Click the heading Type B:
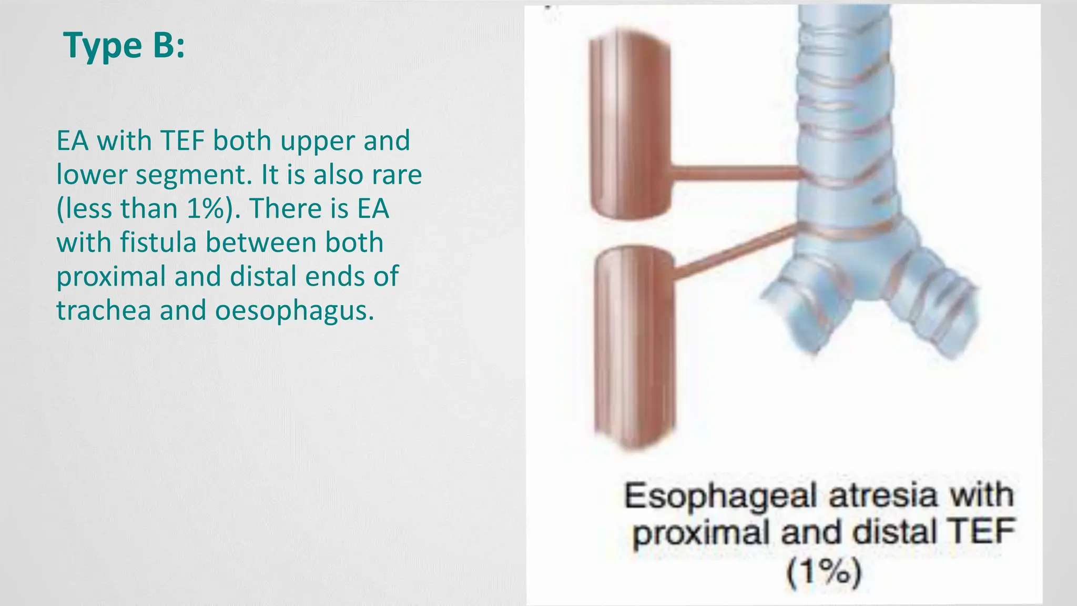click(x=124, y=45)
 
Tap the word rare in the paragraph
click(x=397, y=175)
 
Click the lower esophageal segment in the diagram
click(x=635, y=347)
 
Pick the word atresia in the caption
click(x=883, y=496)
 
